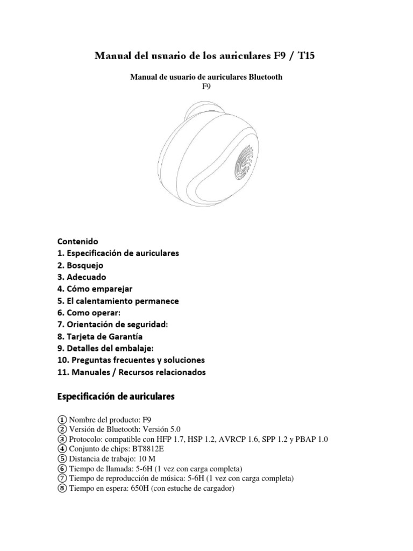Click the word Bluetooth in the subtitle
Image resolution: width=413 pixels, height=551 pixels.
coord(264,77)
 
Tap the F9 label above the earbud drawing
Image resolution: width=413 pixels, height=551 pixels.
coord(206,86)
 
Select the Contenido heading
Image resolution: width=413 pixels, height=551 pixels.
coord(78,241)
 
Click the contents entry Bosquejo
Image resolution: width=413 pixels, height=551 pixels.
coord(85,265)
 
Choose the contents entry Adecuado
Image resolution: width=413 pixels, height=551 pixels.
coord(87,277)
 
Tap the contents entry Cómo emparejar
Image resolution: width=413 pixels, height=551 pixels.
coord(99,288)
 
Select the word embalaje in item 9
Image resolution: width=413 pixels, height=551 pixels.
coord(134,348)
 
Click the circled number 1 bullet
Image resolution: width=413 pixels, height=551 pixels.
coord(62,420)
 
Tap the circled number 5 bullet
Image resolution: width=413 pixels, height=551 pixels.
coord(62,458)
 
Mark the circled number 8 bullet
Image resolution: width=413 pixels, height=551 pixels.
coord(62,488)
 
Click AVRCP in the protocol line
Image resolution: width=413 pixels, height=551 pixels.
coord(230,439)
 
